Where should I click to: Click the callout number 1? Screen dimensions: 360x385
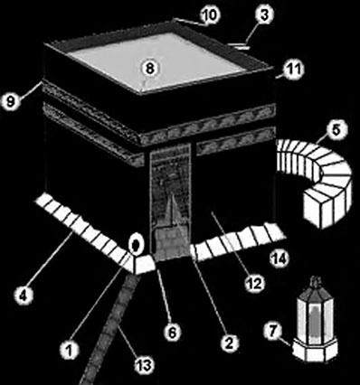tap(69, 350)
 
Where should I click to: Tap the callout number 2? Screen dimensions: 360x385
tap(230, 343)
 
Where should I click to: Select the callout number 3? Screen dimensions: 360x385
tap(264, 15)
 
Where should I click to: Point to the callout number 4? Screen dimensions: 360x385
tap(24, 296)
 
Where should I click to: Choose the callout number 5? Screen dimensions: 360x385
tap(336, 130)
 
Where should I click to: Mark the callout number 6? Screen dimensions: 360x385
tap(172, 332)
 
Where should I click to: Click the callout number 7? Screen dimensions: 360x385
tap(273, 332)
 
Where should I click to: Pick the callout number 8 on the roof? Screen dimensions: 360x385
tap(150, 69)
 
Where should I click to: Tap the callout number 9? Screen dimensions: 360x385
tap(11, 101)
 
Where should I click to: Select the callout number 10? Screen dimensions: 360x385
tap(210, 14)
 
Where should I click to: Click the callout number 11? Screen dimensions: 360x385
tap(294, 70)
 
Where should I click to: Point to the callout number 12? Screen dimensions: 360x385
tap(254, 283)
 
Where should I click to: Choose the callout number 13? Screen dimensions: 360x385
tap(144, 365)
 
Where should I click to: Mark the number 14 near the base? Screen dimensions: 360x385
tap(279, 258)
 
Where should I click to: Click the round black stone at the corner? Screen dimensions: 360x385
tap(135, 244)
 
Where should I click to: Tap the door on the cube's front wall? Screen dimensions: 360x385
tap(171, 201)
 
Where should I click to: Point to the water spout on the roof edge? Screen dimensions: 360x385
tap(240, 46)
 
